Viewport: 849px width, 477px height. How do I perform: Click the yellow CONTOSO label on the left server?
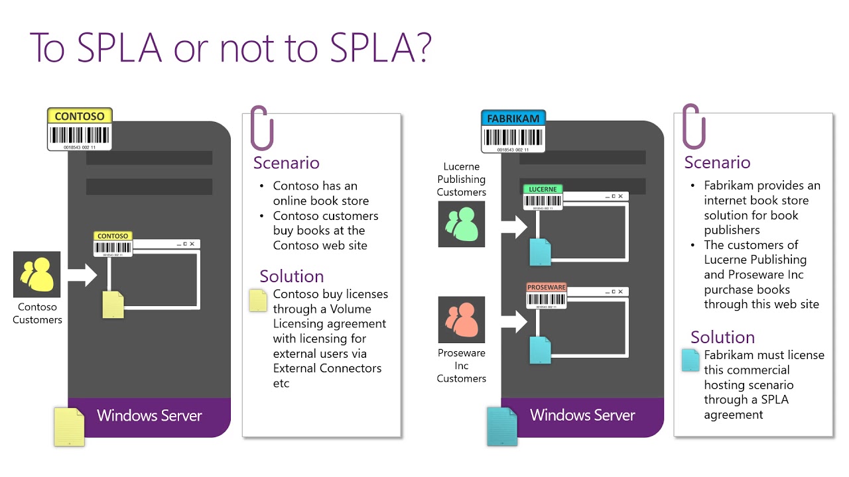pos(80,117)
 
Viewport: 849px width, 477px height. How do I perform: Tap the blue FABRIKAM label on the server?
pos(513,119)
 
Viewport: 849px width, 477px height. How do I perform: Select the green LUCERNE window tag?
pos(543,189)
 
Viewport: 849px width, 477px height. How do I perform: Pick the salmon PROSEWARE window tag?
pos(546,288)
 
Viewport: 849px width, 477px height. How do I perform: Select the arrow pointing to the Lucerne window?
pos(513,225)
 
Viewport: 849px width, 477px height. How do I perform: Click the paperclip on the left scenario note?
pos(261,127)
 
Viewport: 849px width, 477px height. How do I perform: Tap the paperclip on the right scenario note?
pos(693,126)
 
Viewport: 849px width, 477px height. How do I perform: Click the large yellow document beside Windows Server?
pos(70,427)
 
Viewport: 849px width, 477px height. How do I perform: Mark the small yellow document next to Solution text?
pos(257,300)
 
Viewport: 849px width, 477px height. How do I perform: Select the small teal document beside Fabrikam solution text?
pos(690,360)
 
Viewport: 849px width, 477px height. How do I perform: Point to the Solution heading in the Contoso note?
pos(292,276)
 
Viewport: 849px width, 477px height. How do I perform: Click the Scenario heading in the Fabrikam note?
pos(717,162)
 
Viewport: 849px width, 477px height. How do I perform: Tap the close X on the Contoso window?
pos(192,244)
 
